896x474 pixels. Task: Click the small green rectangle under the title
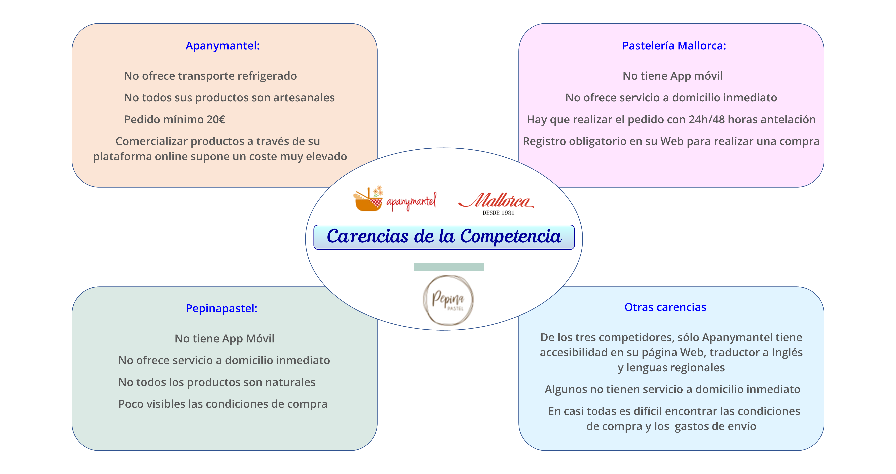pyautogui.click(x=449, y=267)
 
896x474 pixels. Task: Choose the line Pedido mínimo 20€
pyautogui.click(x=175, y=120)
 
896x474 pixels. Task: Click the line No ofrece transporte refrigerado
pyautogui.click(x=211, y=76)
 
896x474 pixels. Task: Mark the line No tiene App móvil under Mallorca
pyautogui.click(x=673, y=76)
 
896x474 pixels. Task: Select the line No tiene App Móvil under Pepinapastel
pyautogui.click(x=224, y=339)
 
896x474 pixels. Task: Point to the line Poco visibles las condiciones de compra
pyautogui.click(x=223, y=404)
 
